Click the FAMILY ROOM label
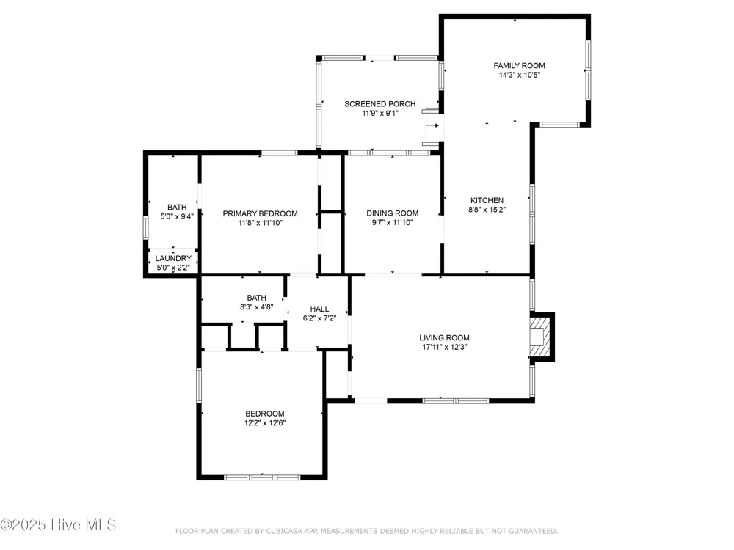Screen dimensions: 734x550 [519, 66]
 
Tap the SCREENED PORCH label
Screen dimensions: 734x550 [380, 104]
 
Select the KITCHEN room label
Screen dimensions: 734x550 [487, 201]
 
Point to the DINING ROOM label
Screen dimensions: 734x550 [392, 213]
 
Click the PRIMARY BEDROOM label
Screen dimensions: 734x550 [261, 213]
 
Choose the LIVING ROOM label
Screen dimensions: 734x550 [444, 337]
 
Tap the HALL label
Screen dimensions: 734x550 [319, 309]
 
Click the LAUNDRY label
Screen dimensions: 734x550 [173, 259]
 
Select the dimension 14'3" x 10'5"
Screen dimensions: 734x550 [519, 75]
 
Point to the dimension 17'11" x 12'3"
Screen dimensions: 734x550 [444, 347]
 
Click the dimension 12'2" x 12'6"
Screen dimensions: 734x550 [265, 423]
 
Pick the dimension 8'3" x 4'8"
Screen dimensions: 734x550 [256, 307]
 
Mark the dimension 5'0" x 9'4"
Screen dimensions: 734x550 [177, 216]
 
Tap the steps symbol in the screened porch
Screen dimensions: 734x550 [432, 126]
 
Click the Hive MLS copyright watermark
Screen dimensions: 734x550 [58, 525]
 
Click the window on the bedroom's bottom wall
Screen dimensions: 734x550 [262, 477]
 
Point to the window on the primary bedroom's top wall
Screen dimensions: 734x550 [279, 153]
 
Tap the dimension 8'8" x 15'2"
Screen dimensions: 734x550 [487, 210]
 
